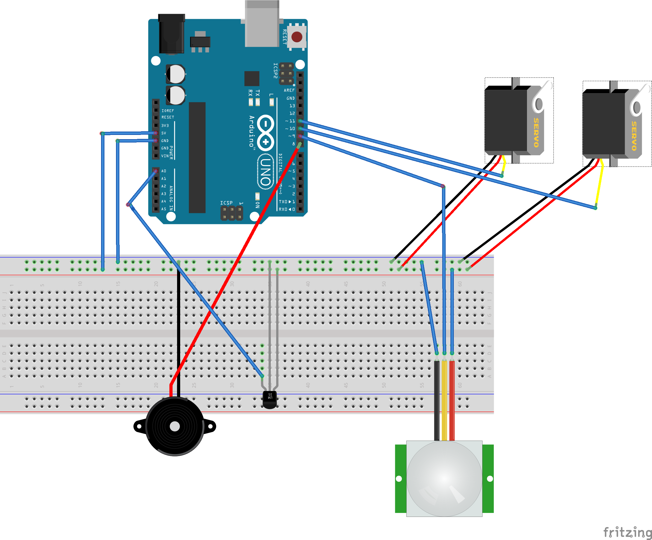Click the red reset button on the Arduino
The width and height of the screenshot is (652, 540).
(297, 37)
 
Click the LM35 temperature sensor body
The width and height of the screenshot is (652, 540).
(269, 399)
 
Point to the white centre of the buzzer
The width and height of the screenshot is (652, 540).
(175, 426)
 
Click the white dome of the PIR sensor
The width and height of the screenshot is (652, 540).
(444, 479)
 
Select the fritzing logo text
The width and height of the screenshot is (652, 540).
(627, 532)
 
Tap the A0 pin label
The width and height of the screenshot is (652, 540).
(164, 171)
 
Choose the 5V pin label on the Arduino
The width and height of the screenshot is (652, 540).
(164, 133)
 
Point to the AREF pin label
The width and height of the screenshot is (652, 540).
(289, 90)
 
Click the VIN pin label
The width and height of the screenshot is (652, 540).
(165, 156)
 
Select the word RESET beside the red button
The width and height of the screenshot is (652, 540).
(284, 37)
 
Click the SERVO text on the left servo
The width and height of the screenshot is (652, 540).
(536, 132)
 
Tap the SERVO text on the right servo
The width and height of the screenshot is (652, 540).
(634, 136)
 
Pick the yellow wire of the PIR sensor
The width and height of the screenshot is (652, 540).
(444, 401)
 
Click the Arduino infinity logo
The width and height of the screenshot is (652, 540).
(265, 133)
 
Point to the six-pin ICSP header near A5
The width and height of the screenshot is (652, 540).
(232, 214)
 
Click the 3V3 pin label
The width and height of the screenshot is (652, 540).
(165, 126)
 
